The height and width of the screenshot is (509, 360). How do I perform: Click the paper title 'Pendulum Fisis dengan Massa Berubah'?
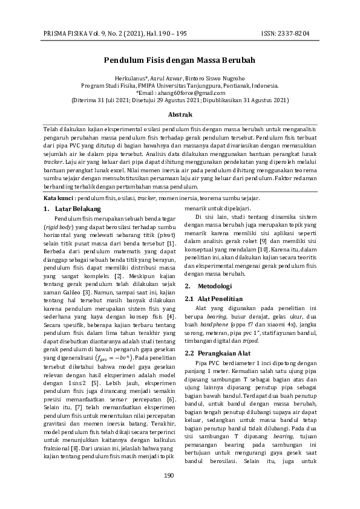click(x=180, y=60)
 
